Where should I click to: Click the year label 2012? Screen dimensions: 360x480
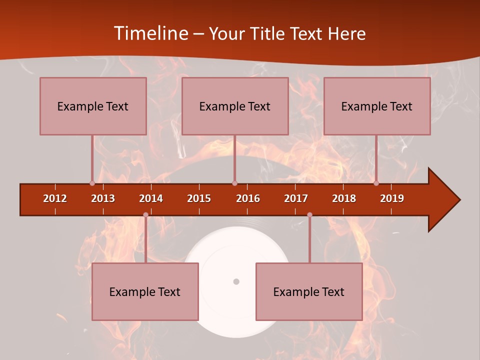pos(55,198)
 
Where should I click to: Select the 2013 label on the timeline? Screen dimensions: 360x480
pos(103,198)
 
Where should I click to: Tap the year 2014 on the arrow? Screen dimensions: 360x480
pos(151,198)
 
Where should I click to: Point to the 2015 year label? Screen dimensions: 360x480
pos(199,198)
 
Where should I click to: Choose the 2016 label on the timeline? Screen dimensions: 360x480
pos(248,198)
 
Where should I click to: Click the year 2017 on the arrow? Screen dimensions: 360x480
pos(296,198)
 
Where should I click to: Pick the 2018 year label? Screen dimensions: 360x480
pos(344,198)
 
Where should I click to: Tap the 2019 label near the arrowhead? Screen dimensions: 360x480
pos(392,198)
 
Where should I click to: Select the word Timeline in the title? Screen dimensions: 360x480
pos(150,33)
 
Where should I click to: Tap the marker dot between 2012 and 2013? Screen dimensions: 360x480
pos(92,183)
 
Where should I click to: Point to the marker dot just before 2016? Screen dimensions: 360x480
pos(234,183)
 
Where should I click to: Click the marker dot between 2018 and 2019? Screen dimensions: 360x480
pos(376,183)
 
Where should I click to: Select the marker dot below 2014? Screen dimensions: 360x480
pos(145,215)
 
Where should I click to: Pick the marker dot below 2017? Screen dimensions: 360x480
pos(309,215)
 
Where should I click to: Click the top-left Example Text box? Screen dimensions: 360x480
pos(93,106)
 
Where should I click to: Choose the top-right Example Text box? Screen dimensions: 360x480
pos(377,106)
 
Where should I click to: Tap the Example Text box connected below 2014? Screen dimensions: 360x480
pos(145,291)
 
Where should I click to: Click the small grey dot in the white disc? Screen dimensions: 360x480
pos(236,281)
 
